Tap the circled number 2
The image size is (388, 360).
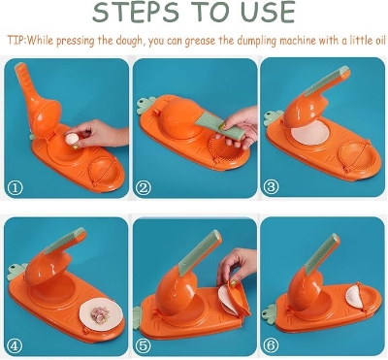pyautogui.click(x=144, y=187)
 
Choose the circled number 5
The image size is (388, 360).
pyautogui.click(x=144, y=344)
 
